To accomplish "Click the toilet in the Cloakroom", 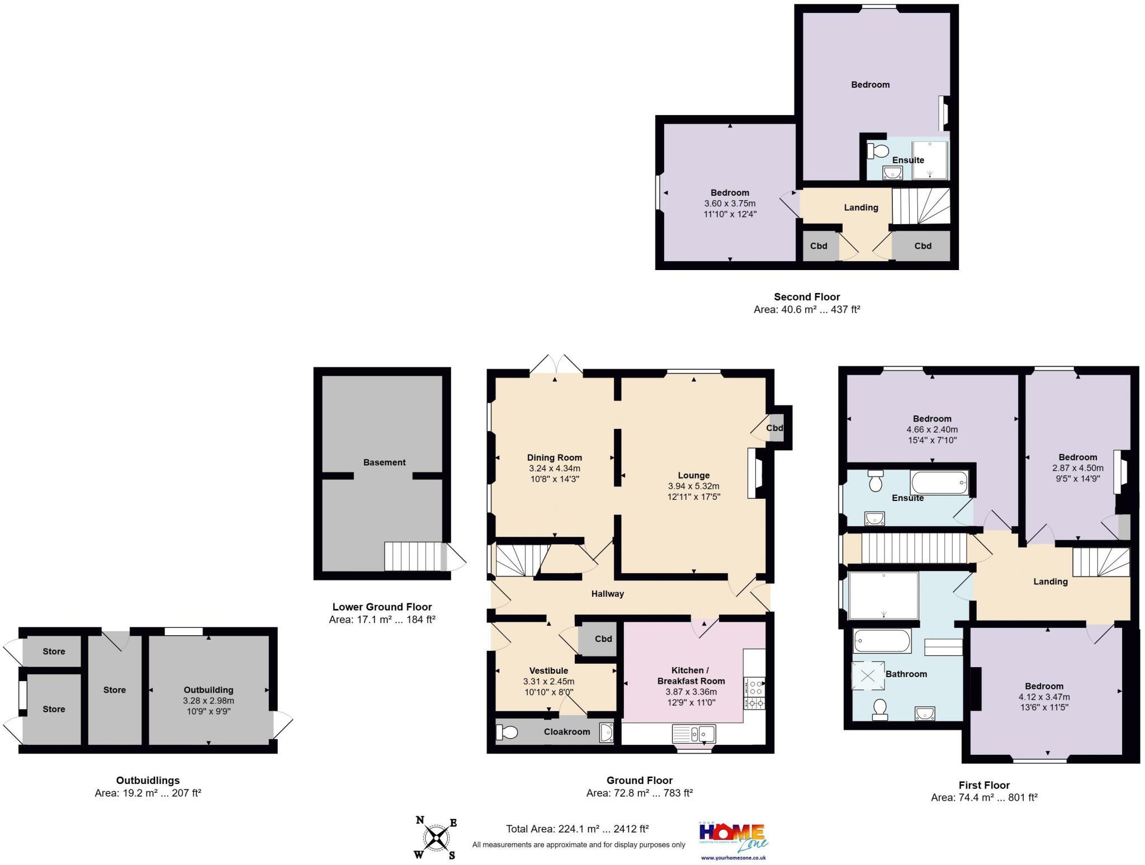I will pyautogui.click(x=507, y=731).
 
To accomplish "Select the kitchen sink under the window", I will pyautogui.click(x=694, y=732).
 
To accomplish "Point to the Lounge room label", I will pyautogui.click(x=694, y=475).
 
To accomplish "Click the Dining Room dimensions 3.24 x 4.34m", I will pyautogui.click(x=555, y=468).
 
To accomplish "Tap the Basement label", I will pyautogui.click(x=384, y=462).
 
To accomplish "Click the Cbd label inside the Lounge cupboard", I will pyautogui.click(x=774, y=428).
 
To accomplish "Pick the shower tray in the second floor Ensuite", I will pyautogui.click(x=930, y=160).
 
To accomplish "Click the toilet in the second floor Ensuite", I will pyautogui.click(x=878, y=150).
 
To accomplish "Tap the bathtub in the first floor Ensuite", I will pyautogui.click(x=939, y=482).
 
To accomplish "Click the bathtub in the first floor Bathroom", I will pyautogui.click(x=881, y=641).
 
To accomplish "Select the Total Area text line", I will pyautogui.click(x=577, y=829).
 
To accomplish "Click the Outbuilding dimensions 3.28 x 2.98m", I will pyautogui.click(x=209, y=701).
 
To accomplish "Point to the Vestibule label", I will pyautogui.click(x=548, y=670).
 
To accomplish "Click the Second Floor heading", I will pyautogui.click(x=806, y=297).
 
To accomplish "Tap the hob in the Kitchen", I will pyautogui.click(x=754, y=694).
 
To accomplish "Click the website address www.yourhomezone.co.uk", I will pyautogui.click(x=733, y=857).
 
